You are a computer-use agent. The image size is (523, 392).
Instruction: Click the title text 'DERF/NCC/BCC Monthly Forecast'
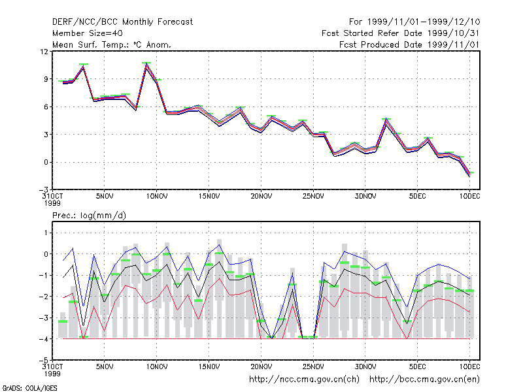click(122, 22)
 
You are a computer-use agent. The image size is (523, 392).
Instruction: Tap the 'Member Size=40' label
click(88, 33)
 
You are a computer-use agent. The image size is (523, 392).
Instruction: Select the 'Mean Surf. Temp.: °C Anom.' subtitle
click(111, 44)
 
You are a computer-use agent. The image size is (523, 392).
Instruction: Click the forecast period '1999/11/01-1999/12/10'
click(424, 22)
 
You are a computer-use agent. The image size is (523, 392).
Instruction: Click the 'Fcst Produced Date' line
click(409, 44)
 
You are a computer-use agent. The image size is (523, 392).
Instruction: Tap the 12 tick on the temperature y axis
click(44, 52)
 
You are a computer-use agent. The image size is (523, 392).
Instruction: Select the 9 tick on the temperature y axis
click(46, 79)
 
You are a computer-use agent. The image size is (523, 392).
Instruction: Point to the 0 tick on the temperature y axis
click(46, 162)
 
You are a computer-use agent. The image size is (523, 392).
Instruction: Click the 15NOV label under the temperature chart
click(209, 197)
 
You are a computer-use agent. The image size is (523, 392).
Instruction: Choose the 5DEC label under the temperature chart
click(417, 197)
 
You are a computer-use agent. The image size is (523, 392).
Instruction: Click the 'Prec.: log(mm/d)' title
click(89, 216)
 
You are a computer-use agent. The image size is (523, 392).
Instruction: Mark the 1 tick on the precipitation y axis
click(46, 233)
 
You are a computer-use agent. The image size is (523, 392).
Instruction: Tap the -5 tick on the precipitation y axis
click(44, 361)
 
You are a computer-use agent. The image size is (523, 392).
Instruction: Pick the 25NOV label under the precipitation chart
click(313, 367)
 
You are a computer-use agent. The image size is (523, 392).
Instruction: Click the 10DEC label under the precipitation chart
click(469, 367)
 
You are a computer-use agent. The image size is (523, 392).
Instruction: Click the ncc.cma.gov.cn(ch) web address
click(304, 380)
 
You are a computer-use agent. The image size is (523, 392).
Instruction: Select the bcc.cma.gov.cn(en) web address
click(424, 380)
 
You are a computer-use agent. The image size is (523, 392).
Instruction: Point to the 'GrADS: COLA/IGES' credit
click(30, 388)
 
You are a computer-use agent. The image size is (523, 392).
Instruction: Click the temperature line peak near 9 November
click(146, 63)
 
